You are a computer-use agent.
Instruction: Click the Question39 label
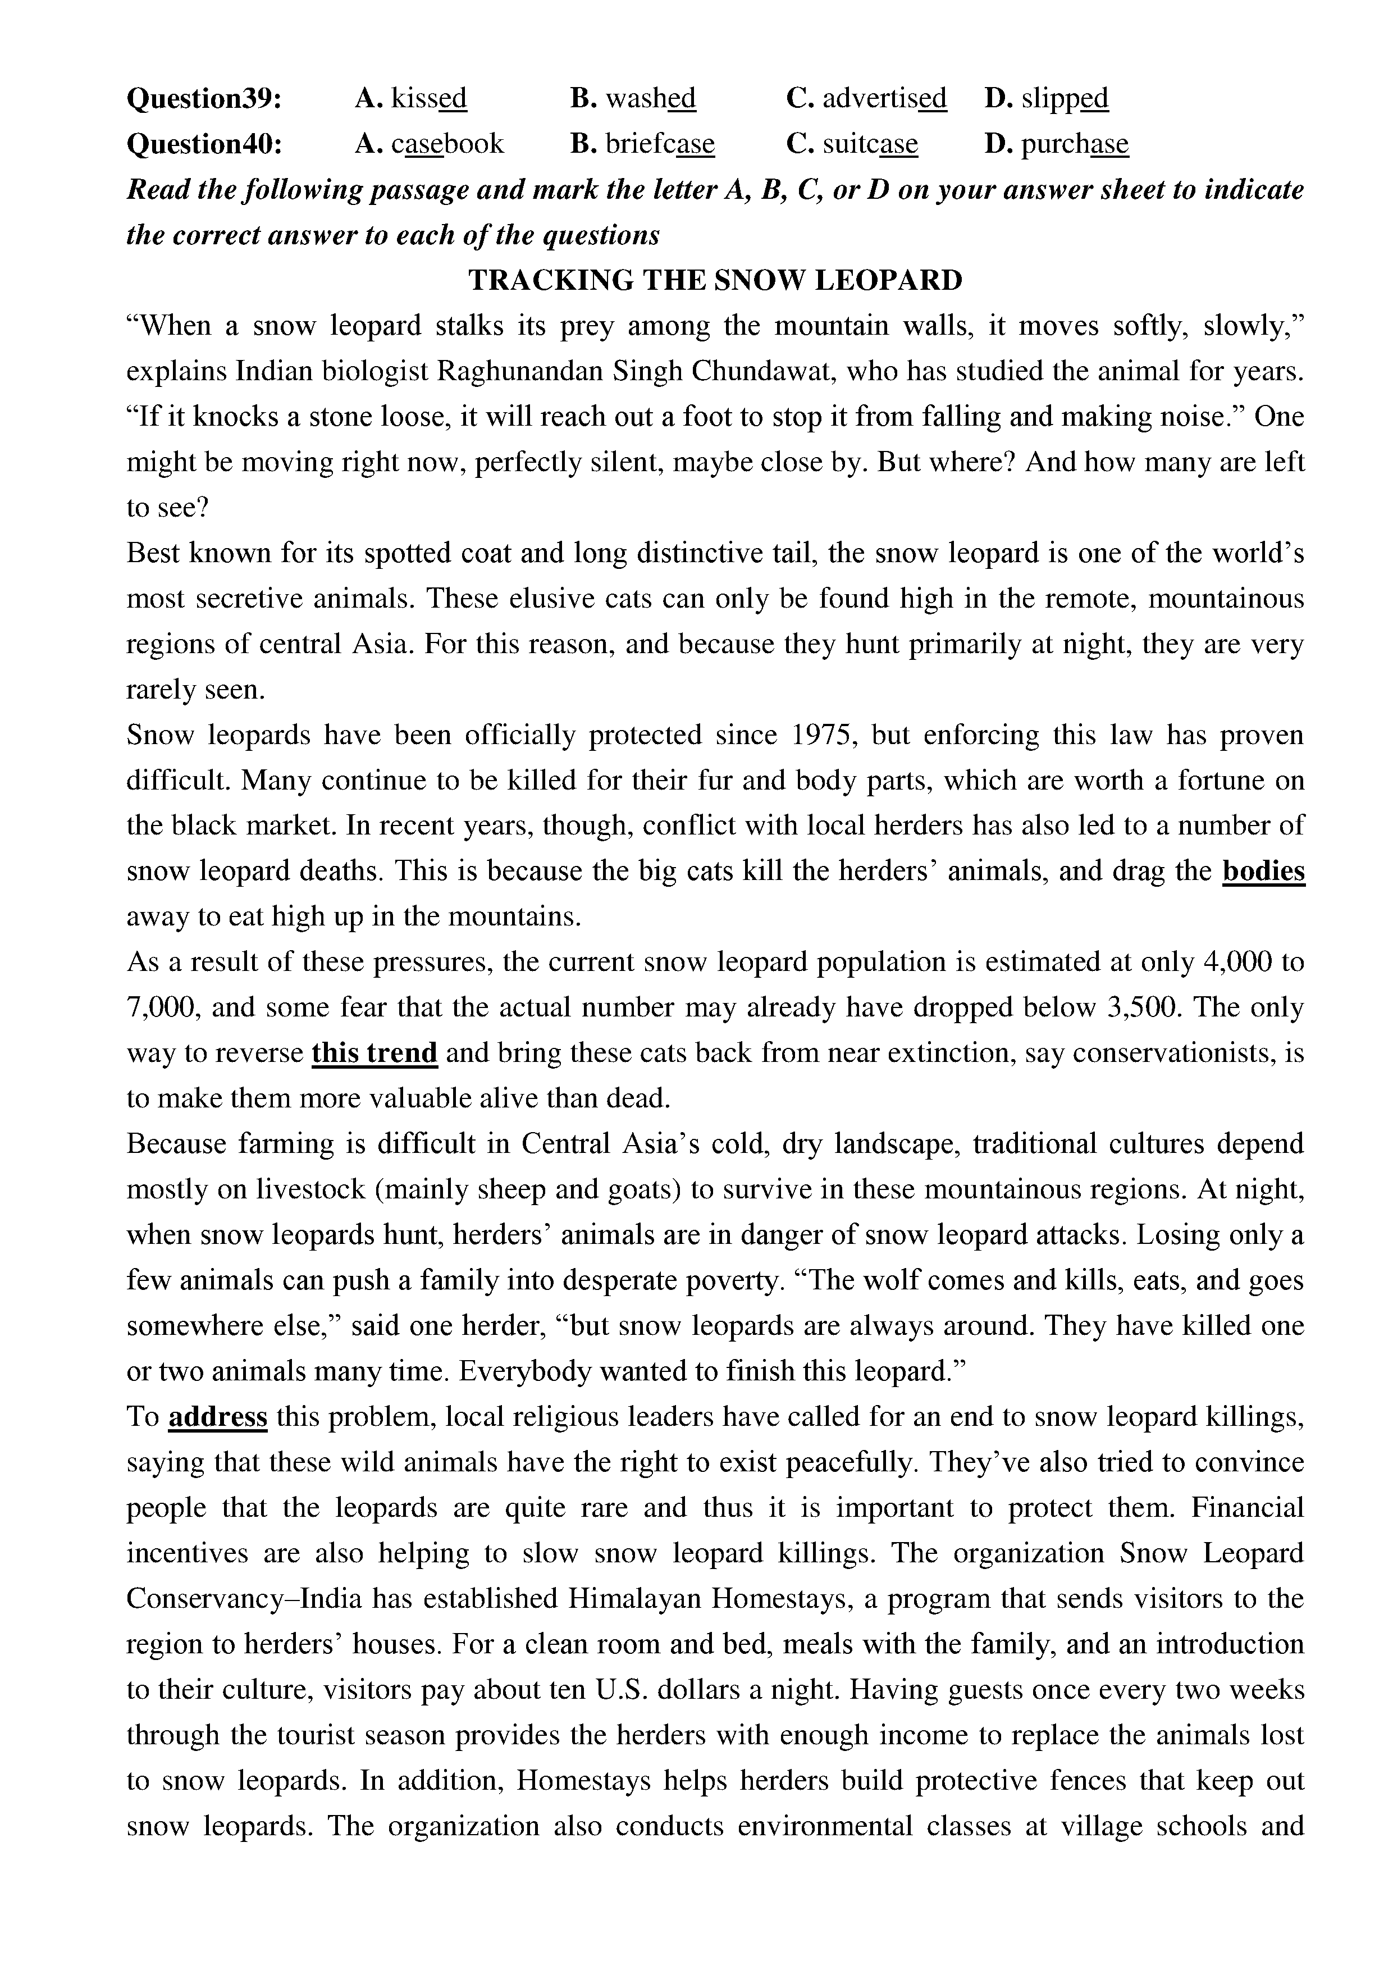point(204,99)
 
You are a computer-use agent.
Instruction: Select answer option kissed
point(412,99)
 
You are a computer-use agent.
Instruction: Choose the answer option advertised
point(867,99)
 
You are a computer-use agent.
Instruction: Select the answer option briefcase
point(643,144)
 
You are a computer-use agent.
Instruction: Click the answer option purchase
point(1058,144)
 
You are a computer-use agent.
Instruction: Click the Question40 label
point(204,144)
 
